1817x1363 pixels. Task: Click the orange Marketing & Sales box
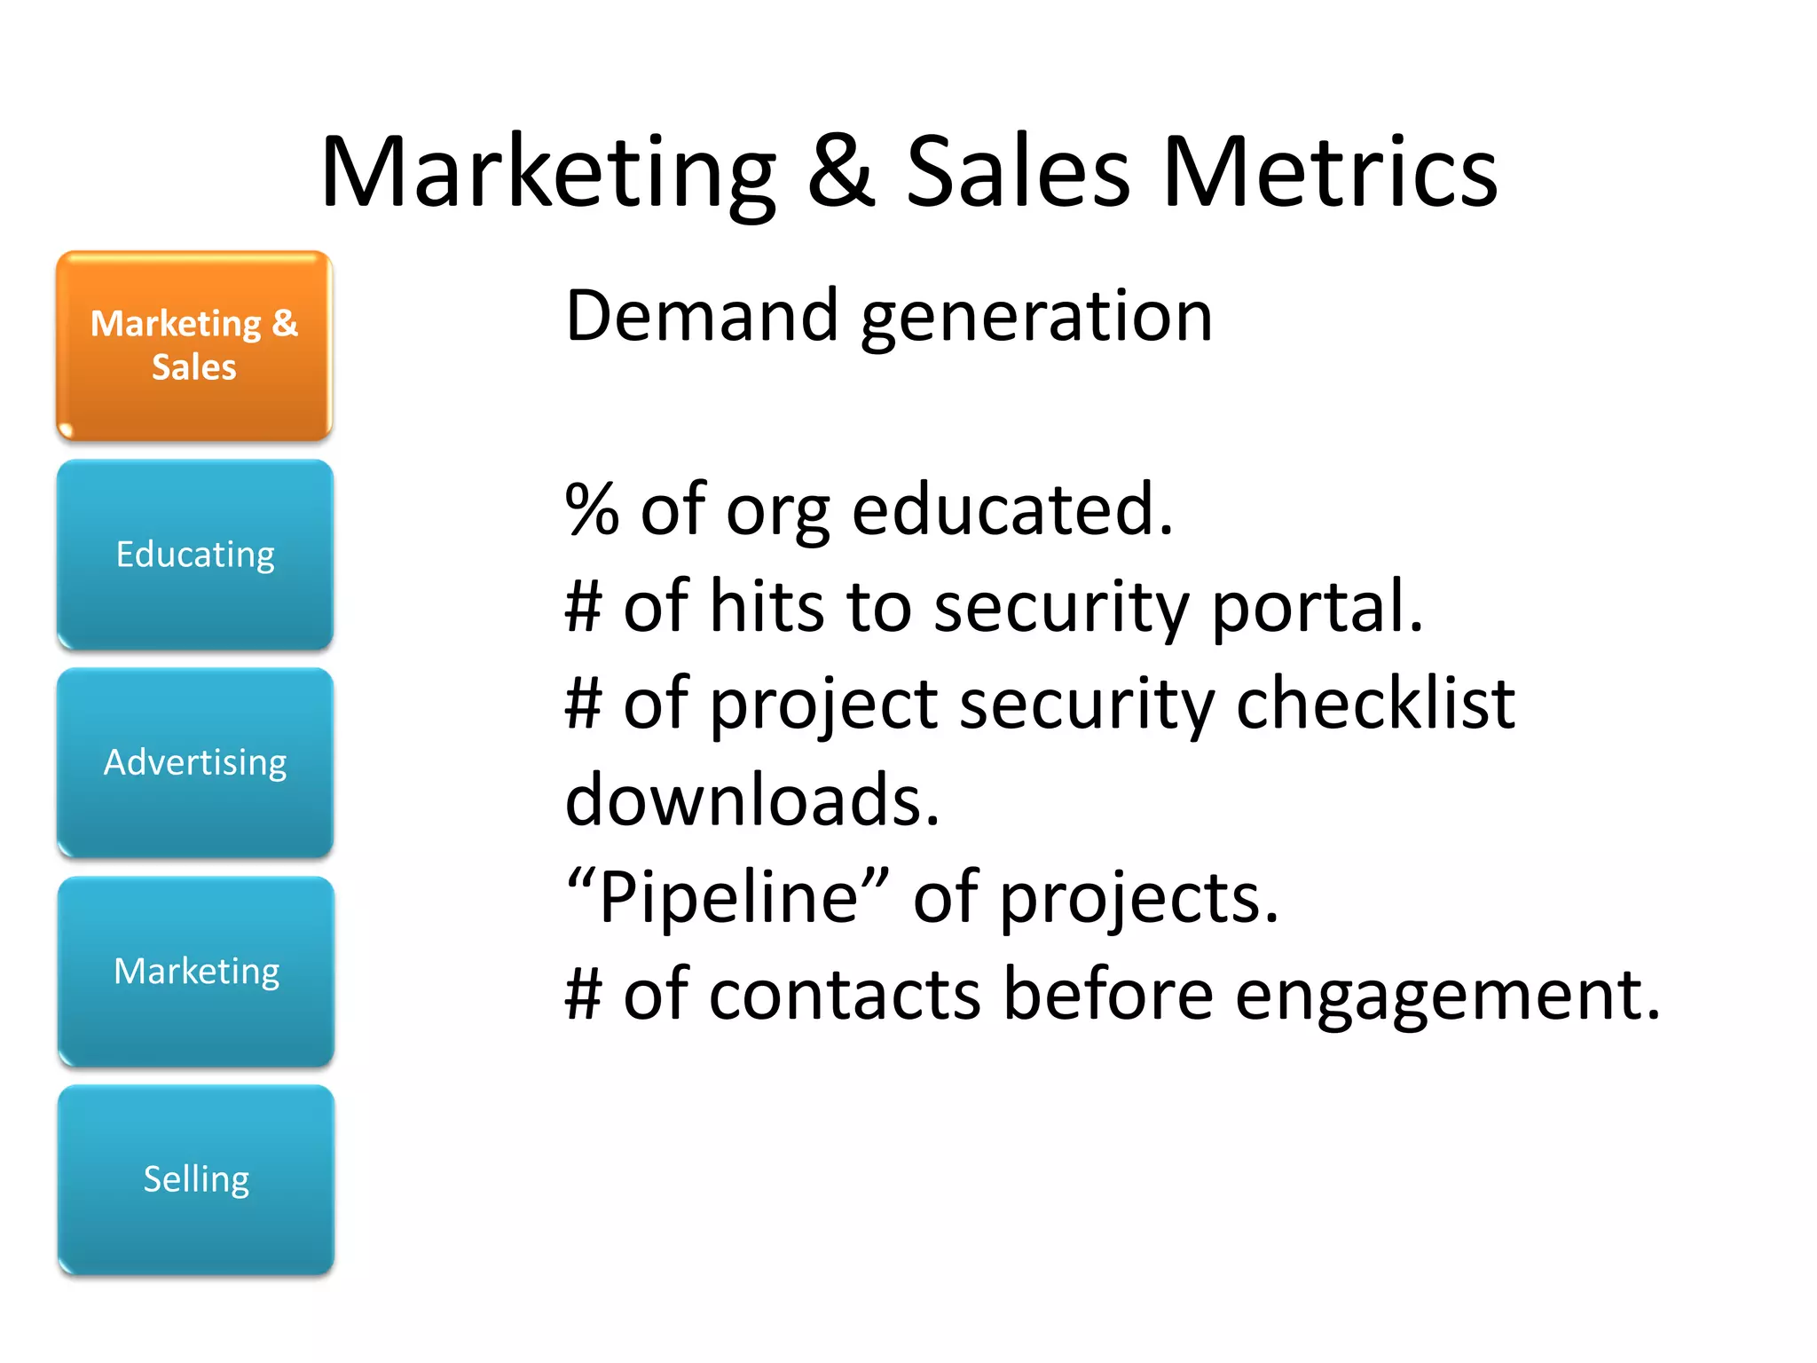(194, 345)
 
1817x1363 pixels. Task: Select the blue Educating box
(195, 554)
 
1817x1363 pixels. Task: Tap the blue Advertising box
(195, 762)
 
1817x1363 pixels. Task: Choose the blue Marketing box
(196, 971)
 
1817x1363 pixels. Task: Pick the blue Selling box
(196, 1179)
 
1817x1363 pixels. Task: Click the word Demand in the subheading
(702, 316)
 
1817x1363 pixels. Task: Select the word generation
(1036, 319)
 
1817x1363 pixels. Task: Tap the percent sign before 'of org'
(592, 510)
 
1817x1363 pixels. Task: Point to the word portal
(1317, 609)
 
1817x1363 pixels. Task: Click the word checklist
(1375, 704)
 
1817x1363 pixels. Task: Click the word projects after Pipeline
(1138, 900)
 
